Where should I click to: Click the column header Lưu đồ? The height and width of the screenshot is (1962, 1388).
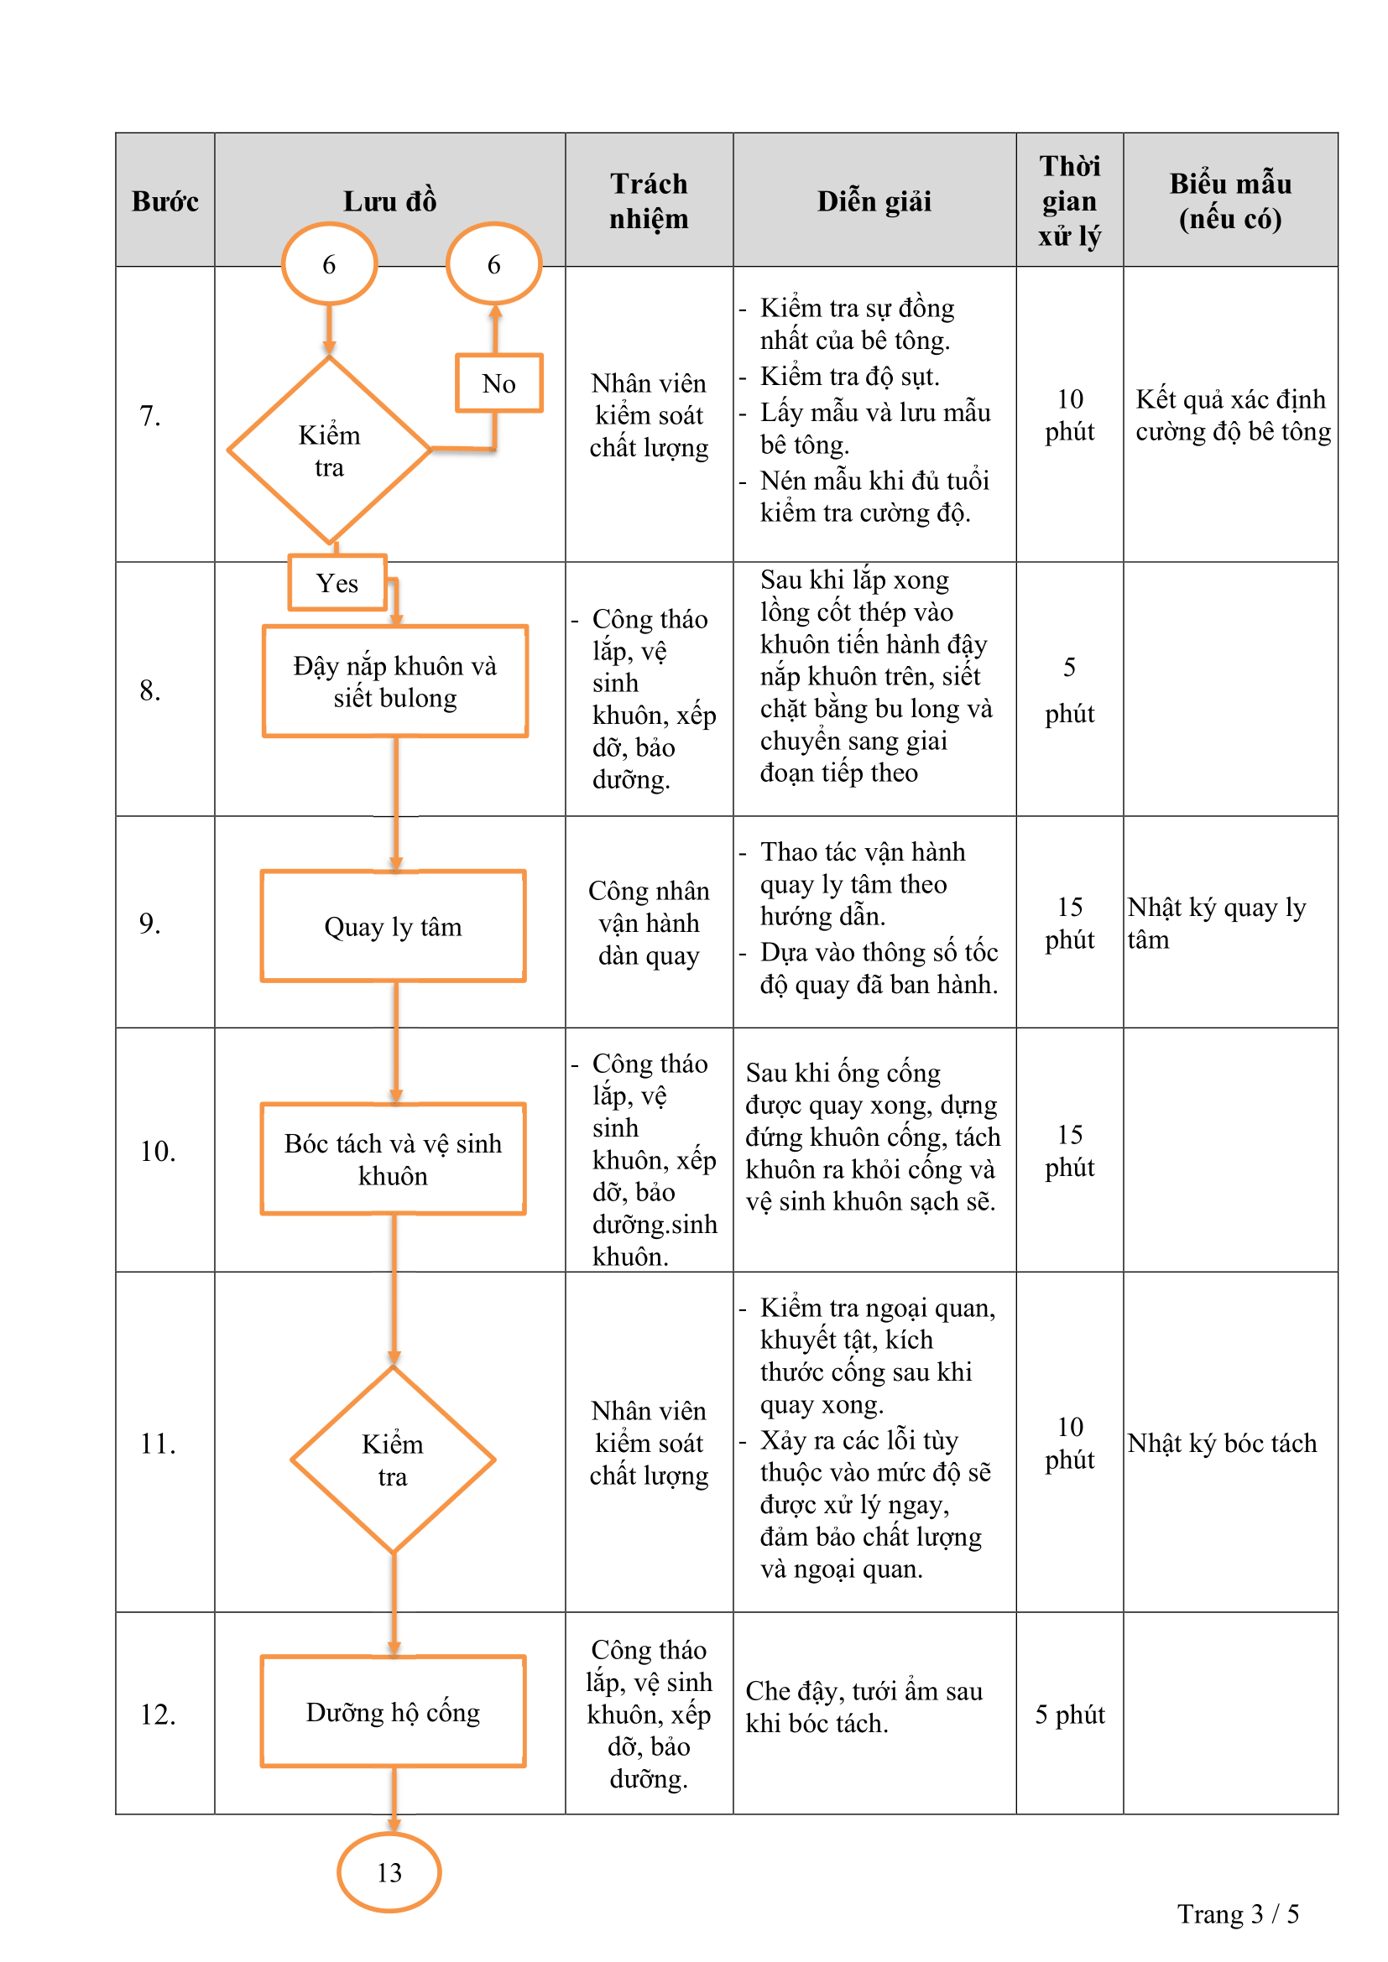pyautogui.click(x=389, y=201)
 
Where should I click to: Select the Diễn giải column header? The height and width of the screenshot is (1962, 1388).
pyautogui.click(x=874, y=201)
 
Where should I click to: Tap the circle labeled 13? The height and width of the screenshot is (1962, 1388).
pyautogui.click(x=389, y=1871)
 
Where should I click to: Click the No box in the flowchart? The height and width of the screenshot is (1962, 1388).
pyautogui.click(x=499, y=383)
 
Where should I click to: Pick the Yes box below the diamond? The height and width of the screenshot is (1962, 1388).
pyautogui.click(x=337, y=583)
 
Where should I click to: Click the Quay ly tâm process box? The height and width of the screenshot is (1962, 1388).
pyautogui.click(x=393, y=926)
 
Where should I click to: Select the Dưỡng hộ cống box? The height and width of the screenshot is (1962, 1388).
pyautogui.click(x=393, y=1712)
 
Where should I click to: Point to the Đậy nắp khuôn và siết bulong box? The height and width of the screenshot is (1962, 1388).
pyautogui.click(x=395, y=681)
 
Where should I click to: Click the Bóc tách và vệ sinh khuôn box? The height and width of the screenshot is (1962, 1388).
pyautogui.click(x=393, y=1158)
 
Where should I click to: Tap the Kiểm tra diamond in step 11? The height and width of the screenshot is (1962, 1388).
pyautogui.click(x=393, y=1460)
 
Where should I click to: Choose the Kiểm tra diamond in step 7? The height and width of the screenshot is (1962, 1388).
pyautogui.click(x=329, y=450)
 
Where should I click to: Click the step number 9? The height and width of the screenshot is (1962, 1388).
pyautogui.click(x=149, y=923)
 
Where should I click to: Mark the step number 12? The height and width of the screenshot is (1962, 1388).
pyautogui.click(x=157, y=1715)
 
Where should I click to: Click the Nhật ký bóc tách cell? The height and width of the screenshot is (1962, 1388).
pyautogui.click(x=1222, y=1444)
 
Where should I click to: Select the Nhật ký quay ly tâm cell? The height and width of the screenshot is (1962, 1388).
pyautogui.click(x=1216, y=923)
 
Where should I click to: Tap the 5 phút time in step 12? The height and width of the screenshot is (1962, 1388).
pyautogui.click(x=1069, y=1715)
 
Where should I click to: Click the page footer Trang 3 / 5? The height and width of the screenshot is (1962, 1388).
pyautogui.click(x=1238, y=1914)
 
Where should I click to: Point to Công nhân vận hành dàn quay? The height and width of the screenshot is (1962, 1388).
pyautogui.click(x=649, y=923)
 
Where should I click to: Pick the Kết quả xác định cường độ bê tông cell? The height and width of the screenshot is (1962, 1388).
pyautogui.click(x=1233, y=415)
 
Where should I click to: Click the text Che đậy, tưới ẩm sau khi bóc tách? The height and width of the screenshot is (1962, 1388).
pyautogui.click(x=864, y=1706)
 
